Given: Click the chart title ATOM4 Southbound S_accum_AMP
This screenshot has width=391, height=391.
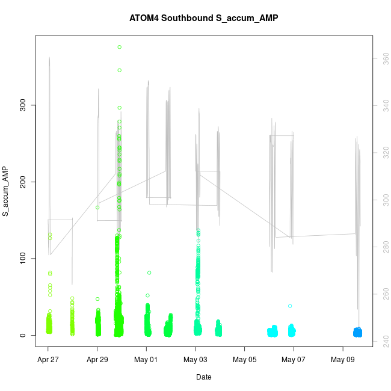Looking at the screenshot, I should (x=203, y=18).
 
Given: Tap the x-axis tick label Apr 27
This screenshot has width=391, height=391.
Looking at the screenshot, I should (x=48, y=361).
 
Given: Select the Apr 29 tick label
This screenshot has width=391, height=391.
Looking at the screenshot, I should (x=97, y=361).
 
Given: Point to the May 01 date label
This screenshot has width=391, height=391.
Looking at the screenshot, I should (x=146, y=361).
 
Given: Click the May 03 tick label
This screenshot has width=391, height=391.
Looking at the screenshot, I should (x=195, y=361).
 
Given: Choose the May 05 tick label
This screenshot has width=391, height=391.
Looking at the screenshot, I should (x=245, y=361).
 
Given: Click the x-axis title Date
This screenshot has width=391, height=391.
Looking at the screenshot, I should (x=203, y=377).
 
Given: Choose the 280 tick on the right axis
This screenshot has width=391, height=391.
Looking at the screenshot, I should (x=381, y=246).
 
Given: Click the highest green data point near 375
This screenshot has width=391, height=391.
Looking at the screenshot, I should (x=120, y=47).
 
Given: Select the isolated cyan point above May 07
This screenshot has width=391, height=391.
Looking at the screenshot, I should (x=290, y=306).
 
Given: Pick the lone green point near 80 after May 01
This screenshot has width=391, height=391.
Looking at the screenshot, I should (x=149, y=272).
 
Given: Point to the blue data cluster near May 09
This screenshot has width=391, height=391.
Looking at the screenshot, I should (x=357, y=332).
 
